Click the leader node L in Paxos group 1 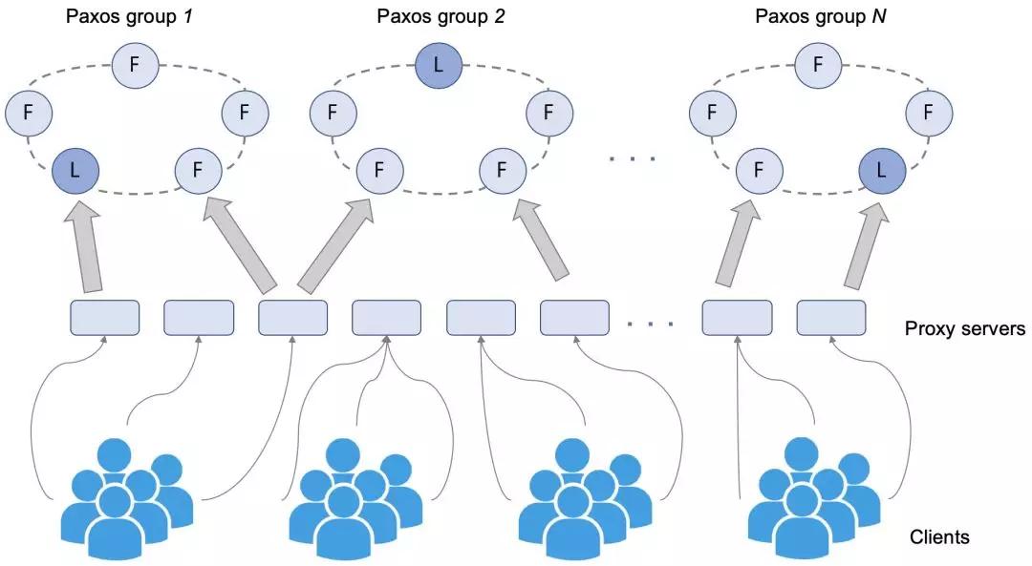pos(75,170)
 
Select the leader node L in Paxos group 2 pos(439,64)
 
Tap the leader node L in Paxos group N pos(882,170)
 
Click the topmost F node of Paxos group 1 pos(135,64)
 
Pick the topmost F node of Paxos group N pos(818,64)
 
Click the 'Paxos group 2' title pos(441,16)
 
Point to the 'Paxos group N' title pos(820,16)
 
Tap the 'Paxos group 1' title pos(129,16)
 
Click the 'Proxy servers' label pos(965,328)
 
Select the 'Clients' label pos(939,537)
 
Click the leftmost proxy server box pos(105,318)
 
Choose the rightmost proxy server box pos(831,318)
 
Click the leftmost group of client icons pos(127,498)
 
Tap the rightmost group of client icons pos(814,498)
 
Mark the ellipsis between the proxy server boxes pos(650,324)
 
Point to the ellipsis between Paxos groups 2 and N pos(633,158)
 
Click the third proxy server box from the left pos(293,318)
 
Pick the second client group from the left pos(356,498)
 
